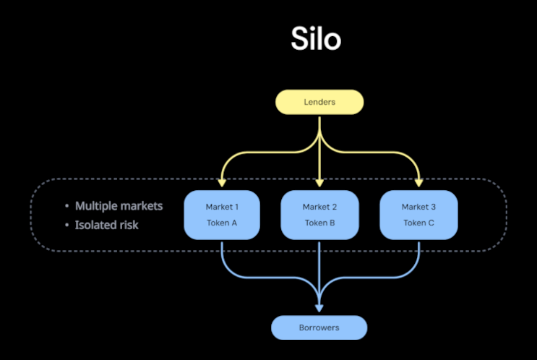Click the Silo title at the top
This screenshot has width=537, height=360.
pos(316,39)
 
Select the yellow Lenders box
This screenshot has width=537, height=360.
pos(319,102)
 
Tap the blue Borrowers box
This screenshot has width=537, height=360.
pos(319,327)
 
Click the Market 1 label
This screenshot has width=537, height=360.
pos(222,207)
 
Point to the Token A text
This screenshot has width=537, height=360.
pos(222,223)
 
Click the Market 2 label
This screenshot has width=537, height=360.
pos(319,207)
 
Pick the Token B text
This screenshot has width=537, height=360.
pos(319,223)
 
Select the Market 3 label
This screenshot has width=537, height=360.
pos(419,207)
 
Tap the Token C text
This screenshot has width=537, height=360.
pos(419,223)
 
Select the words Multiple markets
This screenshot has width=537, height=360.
pos(119,206)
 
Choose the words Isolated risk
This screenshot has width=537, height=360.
pos(106,225)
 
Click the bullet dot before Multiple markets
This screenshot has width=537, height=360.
pos(66,207)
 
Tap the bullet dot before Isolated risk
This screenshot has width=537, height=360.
pos(66,226)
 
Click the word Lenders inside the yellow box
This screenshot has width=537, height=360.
pos(319,102)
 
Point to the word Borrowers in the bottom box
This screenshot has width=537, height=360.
pos(319,327)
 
